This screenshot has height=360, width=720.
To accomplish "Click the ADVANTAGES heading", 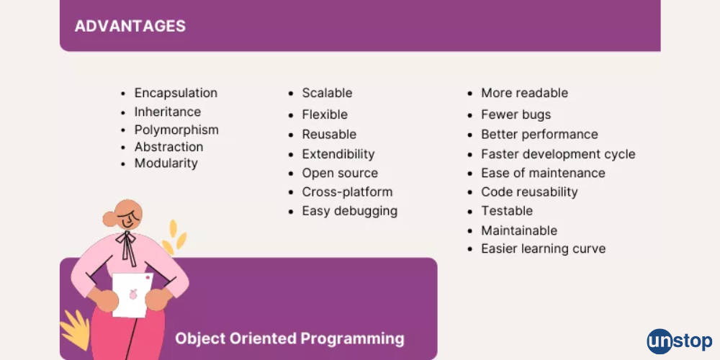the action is point(130,26).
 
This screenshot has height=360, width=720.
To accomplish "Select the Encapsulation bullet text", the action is point(176,93).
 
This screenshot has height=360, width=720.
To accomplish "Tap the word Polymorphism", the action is point(176,130).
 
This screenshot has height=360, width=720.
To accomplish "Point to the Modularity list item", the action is point(166,163).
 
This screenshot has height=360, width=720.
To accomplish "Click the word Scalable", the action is point(327,93).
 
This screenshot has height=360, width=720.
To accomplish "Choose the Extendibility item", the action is point(338,154).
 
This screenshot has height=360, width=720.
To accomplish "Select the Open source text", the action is point(340,173).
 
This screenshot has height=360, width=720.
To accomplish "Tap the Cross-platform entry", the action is point(347,192).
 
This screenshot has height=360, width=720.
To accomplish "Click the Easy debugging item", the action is point(349,211).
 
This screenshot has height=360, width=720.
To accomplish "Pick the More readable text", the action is point(524,93).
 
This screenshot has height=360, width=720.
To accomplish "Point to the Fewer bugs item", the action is point(516,114).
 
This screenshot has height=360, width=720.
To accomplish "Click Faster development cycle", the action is point(558,154).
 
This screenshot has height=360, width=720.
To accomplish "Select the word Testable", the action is point(507,211).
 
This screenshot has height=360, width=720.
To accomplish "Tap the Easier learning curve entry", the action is point(543,249).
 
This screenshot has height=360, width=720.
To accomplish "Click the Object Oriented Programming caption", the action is point(289,339).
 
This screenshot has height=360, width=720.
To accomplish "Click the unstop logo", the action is point(680,341).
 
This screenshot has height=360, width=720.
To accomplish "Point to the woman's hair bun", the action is point(109,219).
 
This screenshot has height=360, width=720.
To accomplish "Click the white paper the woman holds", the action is point(132,294).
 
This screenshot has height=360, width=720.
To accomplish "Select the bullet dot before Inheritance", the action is point(123,112).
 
